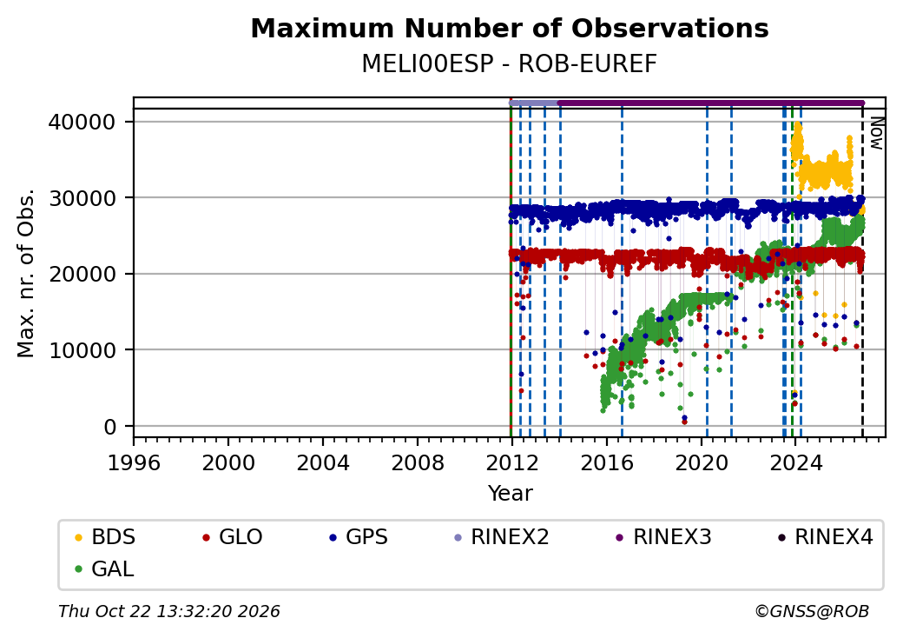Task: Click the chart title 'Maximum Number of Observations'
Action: (510, 28)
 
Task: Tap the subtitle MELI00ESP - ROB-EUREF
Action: (510, 64)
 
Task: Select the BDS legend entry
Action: (105, 537)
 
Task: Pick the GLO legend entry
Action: (233, 537)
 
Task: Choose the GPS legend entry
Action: (359, 537)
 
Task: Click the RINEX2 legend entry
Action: (502, 537)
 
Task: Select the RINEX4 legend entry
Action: (826, 537)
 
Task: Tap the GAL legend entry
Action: (105, 568)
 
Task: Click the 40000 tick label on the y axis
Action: (82, 123)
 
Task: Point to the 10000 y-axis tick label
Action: (82, 350)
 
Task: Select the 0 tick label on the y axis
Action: (110, 427)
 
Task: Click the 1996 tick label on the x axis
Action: (134, 462)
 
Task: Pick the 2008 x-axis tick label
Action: (418, 462)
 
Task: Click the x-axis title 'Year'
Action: (511, 494)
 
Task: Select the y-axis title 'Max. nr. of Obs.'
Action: (26, 273)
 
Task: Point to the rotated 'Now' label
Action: (876, 133)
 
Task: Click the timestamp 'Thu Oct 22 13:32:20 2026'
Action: (169, 611)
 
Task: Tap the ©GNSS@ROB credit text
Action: (812, 611)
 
